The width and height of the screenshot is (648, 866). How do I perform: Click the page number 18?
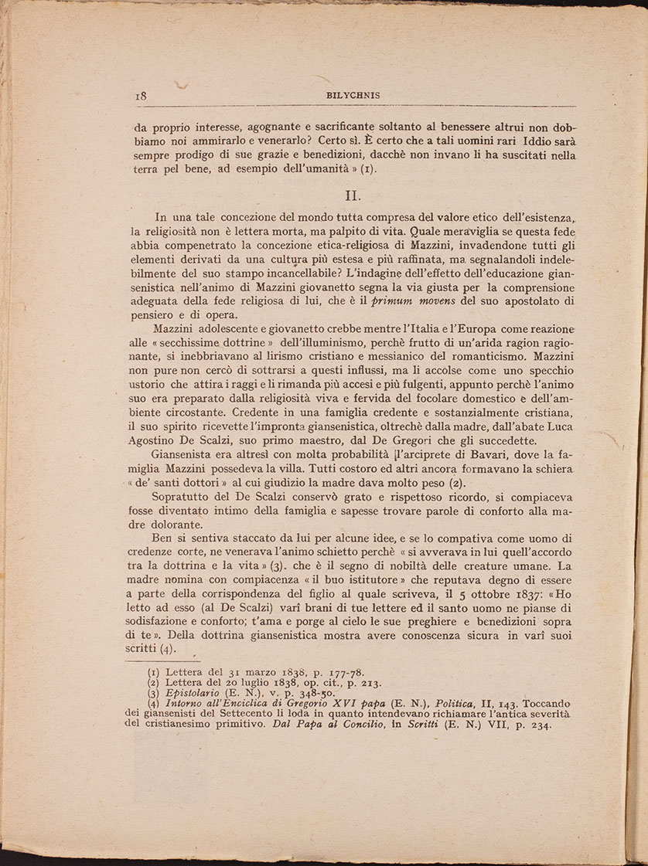pyautogui.click(x=142, y=97)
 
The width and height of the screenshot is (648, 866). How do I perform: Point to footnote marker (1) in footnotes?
pyautogui.click(x=154, y=673)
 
